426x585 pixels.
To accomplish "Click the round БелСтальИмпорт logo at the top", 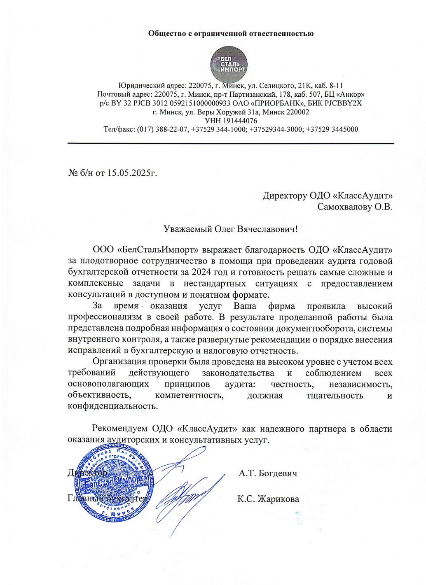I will click(229, 65).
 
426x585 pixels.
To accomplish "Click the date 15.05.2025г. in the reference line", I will click(132, 173).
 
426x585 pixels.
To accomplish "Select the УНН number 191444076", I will click(240, 121).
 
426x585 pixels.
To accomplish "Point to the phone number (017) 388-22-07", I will click(163, 129).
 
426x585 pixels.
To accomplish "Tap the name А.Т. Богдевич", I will click(268, 473).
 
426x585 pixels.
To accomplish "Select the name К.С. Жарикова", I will click(268, 499).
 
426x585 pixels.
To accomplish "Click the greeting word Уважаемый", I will click(187, 229).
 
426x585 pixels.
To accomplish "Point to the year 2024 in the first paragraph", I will click(201, 273).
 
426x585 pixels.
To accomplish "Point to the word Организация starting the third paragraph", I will click(119, 362).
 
